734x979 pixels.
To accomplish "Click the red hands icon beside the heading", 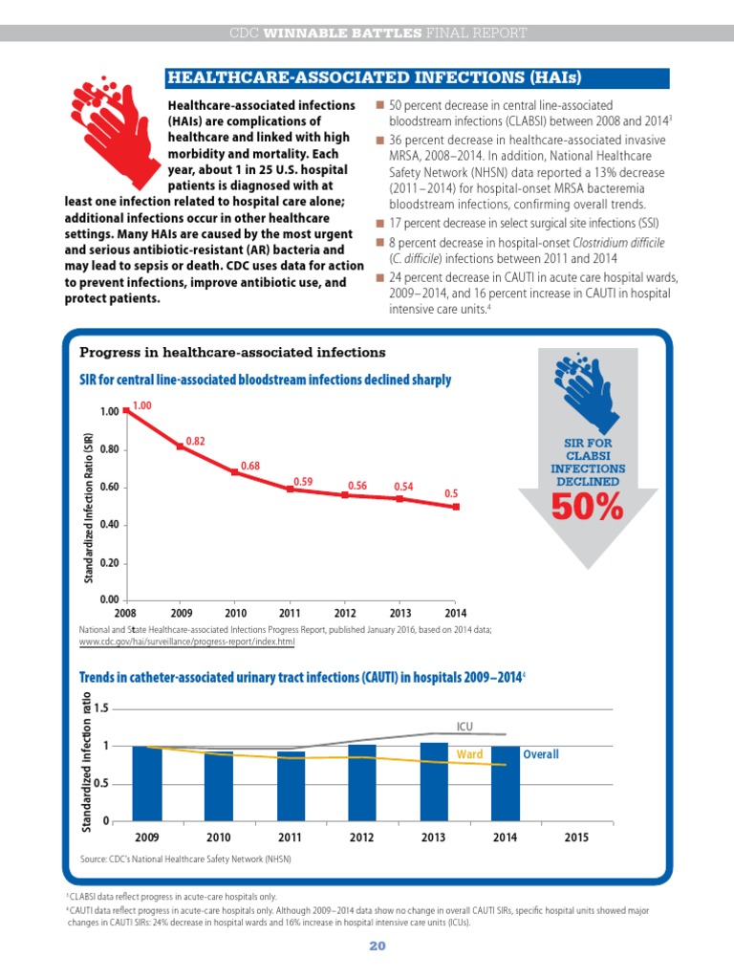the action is [x=116, y=133].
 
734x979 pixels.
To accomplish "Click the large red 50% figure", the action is [x=588, y=507].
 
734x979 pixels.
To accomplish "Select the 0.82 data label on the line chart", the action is [x=195, y=441].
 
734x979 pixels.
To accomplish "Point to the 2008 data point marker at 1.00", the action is [x=126, y=410].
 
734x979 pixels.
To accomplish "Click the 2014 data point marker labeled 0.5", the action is [x=456, y=507].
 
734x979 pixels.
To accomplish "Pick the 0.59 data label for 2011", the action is [x=303, y=482].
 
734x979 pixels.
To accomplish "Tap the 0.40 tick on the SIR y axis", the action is [x=109, y=525].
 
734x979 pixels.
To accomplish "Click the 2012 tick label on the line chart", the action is [x=345, y=613].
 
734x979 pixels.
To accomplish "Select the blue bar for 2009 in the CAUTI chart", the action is [x=147, y=784].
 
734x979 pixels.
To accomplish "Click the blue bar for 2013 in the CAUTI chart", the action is [x=434, y=782].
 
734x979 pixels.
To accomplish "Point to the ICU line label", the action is [x=465, y=727].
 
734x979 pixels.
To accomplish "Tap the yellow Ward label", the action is [x=469, y=754].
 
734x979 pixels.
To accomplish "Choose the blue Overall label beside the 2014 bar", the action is [x=541, y=754].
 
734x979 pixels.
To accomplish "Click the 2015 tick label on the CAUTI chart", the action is [x=576, y=838].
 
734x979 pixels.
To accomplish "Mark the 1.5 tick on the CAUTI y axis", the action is [x=101, y=708].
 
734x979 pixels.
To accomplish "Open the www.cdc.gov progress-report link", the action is [x=186, y=642].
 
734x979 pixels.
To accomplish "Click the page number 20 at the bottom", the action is [x=378, y=946].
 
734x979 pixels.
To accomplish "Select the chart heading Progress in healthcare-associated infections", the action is [x=232, y=352].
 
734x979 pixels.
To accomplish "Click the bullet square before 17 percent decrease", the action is [x=379, y=224].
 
